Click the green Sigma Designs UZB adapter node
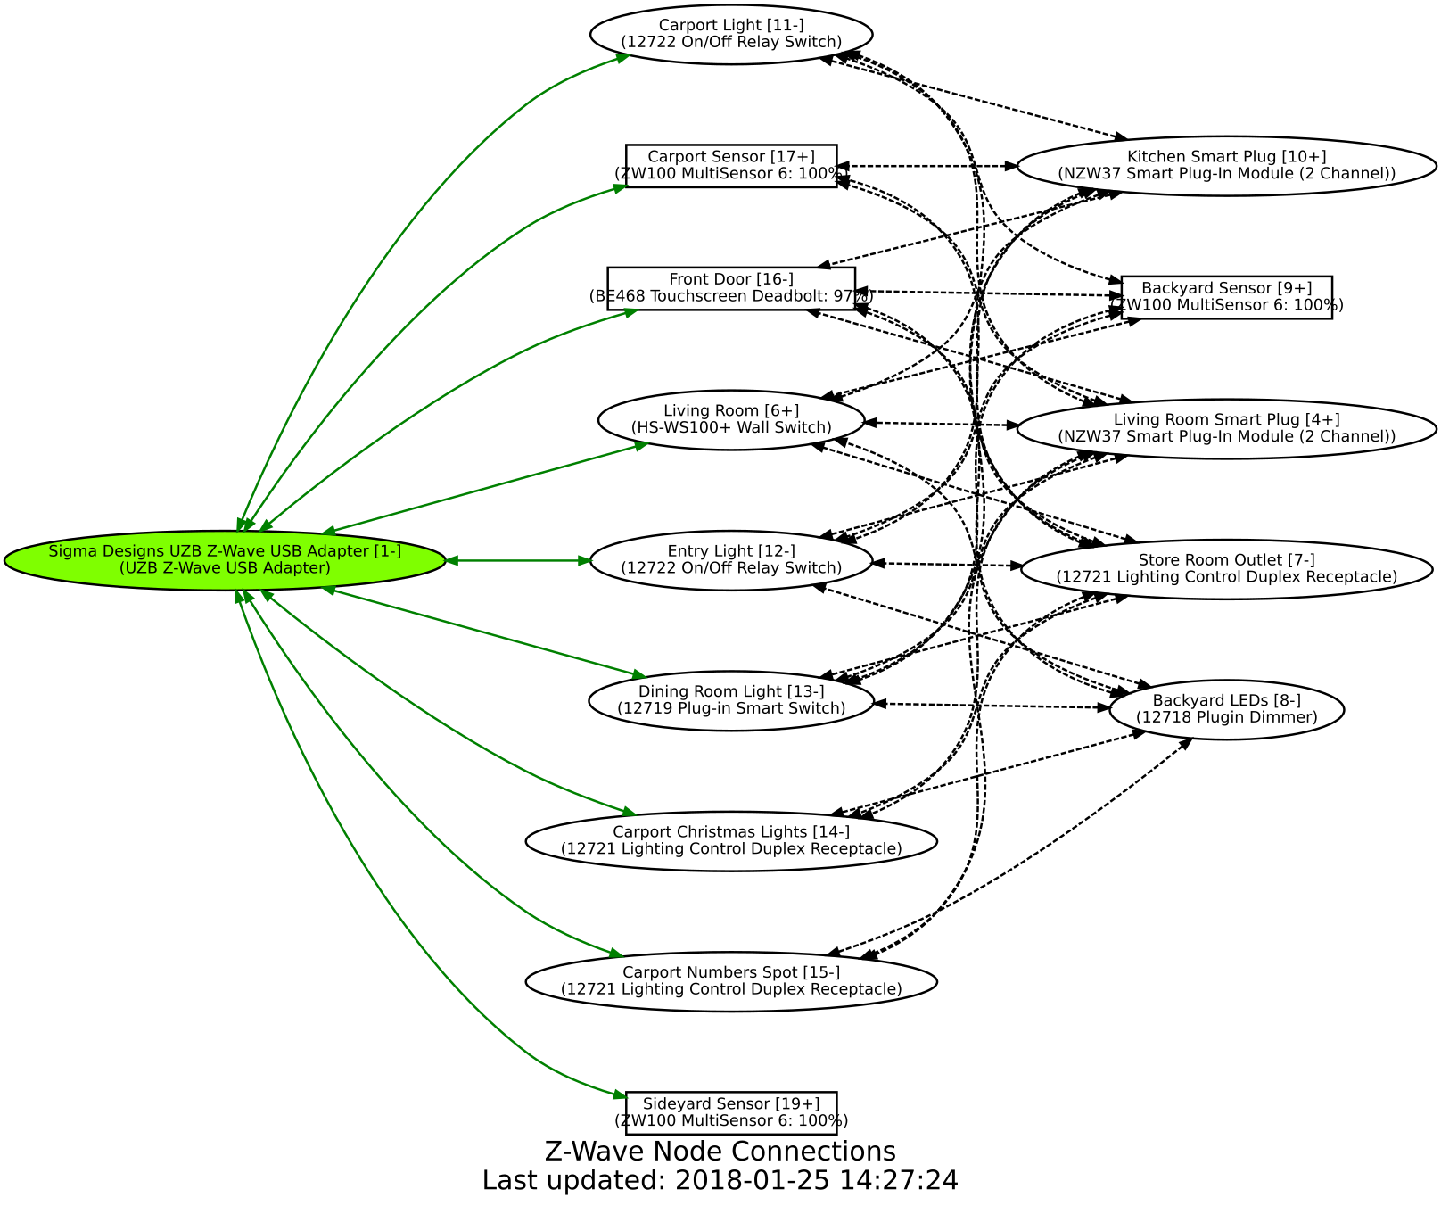[x=225, y=560]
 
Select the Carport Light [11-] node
[x=731, y=34]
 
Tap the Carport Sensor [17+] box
[x=731, y=166]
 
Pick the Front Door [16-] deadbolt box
[x=731, y=288]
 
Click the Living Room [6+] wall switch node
[x=731, y=419]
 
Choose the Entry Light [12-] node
[x=731, y=560]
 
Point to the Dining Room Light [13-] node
[x=731, y=700]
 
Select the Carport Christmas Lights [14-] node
[x=731, y=840]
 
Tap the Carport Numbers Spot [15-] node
[x=731, y=980]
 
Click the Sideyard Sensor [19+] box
[x=731, y=1112]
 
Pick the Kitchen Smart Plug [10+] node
[x=1226, y=166]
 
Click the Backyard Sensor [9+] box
[x=1226, y=297]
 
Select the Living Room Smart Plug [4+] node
[x=1226, y=428]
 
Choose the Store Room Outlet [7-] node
[x=1226, y=568]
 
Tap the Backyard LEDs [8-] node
[x=1226, y=709]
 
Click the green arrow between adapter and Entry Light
[x=517, y=560]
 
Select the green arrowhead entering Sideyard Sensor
[x=620, y=1096]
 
